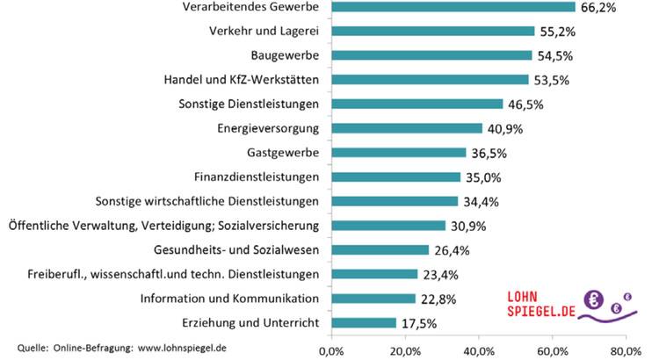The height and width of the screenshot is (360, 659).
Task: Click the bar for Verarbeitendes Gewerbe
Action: pos(453,7)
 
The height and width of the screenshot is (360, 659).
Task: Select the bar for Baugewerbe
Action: pos(431,55)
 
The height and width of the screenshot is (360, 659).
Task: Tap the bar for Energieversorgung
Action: pos(407,128)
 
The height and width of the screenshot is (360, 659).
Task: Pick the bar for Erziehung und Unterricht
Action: pos(364,323)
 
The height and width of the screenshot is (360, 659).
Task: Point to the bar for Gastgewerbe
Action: pos(399,153)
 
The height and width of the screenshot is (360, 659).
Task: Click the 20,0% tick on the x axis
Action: pos(405,350)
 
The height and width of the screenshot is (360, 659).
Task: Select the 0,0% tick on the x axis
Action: pos(331,350)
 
